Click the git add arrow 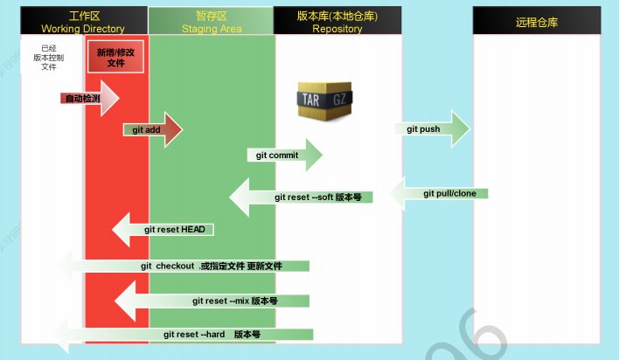(x=152, y=129)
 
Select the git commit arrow (x=284, y=156)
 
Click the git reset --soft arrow (x=302, y=197)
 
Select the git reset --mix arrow (x=219, y=301)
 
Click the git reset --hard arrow (x=192, y=335)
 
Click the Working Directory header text (x=83, y=29)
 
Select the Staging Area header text (x=211, y=29)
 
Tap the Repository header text (x=337, y=29)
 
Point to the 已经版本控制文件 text (x=49, y=58)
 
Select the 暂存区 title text (x=211, y=17)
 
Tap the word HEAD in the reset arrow (x=192, y=230)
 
